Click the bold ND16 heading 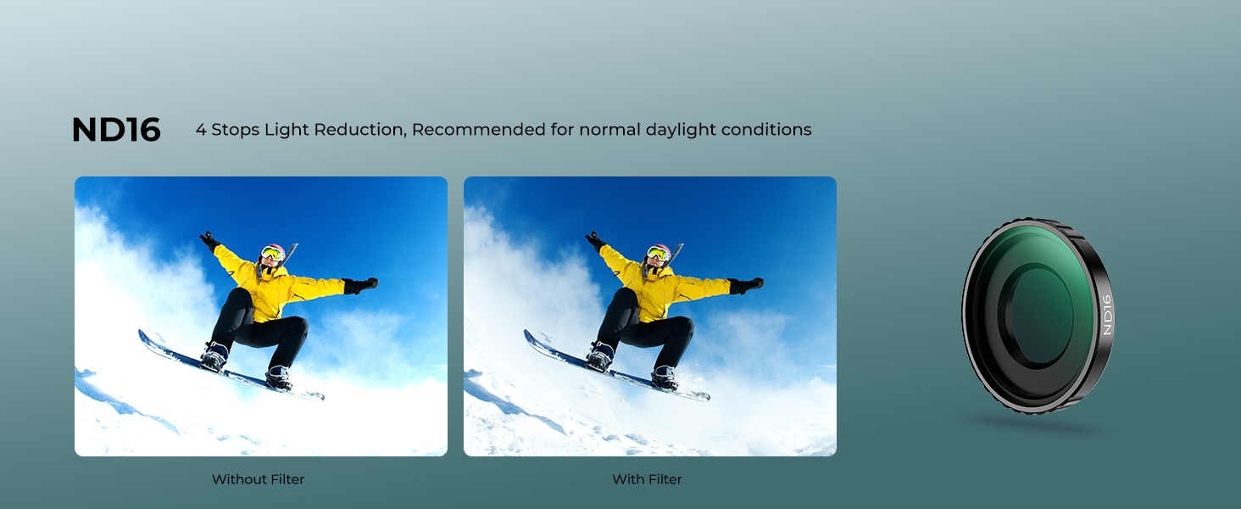coord(116,130)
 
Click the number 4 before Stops coord(201,130)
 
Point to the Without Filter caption coord(259,479)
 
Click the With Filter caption coord(647,479)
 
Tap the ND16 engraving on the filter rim coord(1106,315)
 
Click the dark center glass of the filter coord(1039,315)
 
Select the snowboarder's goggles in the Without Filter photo coord(271,254)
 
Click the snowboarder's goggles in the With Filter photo coord(657,254)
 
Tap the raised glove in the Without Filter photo coord(209,242)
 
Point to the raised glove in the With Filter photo coord(594,242)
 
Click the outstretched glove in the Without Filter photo coord(360,286)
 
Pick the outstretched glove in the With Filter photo coord(746,286)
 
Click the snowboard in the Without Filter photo coord(231,367)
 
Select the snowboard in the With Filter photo coord(616,367)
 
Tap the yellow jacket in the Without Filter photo coord(271,286)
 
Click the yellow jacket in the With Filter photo coord(657,286)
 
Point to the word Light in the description coord(287,130)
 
